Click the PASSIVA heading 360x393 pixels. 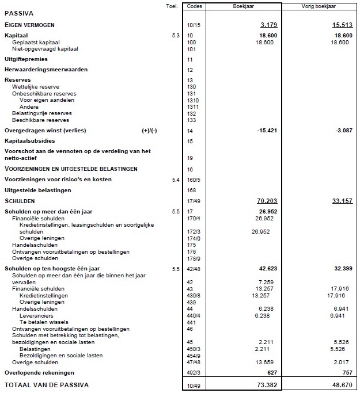[19, 12]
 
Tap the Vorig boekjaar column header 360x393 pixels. [320, 6]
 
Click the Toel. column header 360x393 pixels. [171, 6]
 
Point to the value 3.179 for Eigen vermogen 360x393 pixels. [262, 26]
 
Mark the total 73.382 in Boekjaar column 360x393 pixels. [260, 384]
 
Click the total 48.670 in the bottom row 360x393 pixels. [339, 384]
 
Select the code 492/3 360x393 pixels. [194, 372]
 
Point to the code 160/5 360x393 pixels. [194, 180]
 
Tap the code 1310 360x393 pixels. [193, 100]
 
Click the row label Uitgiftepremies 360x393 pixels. [26, 59]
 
